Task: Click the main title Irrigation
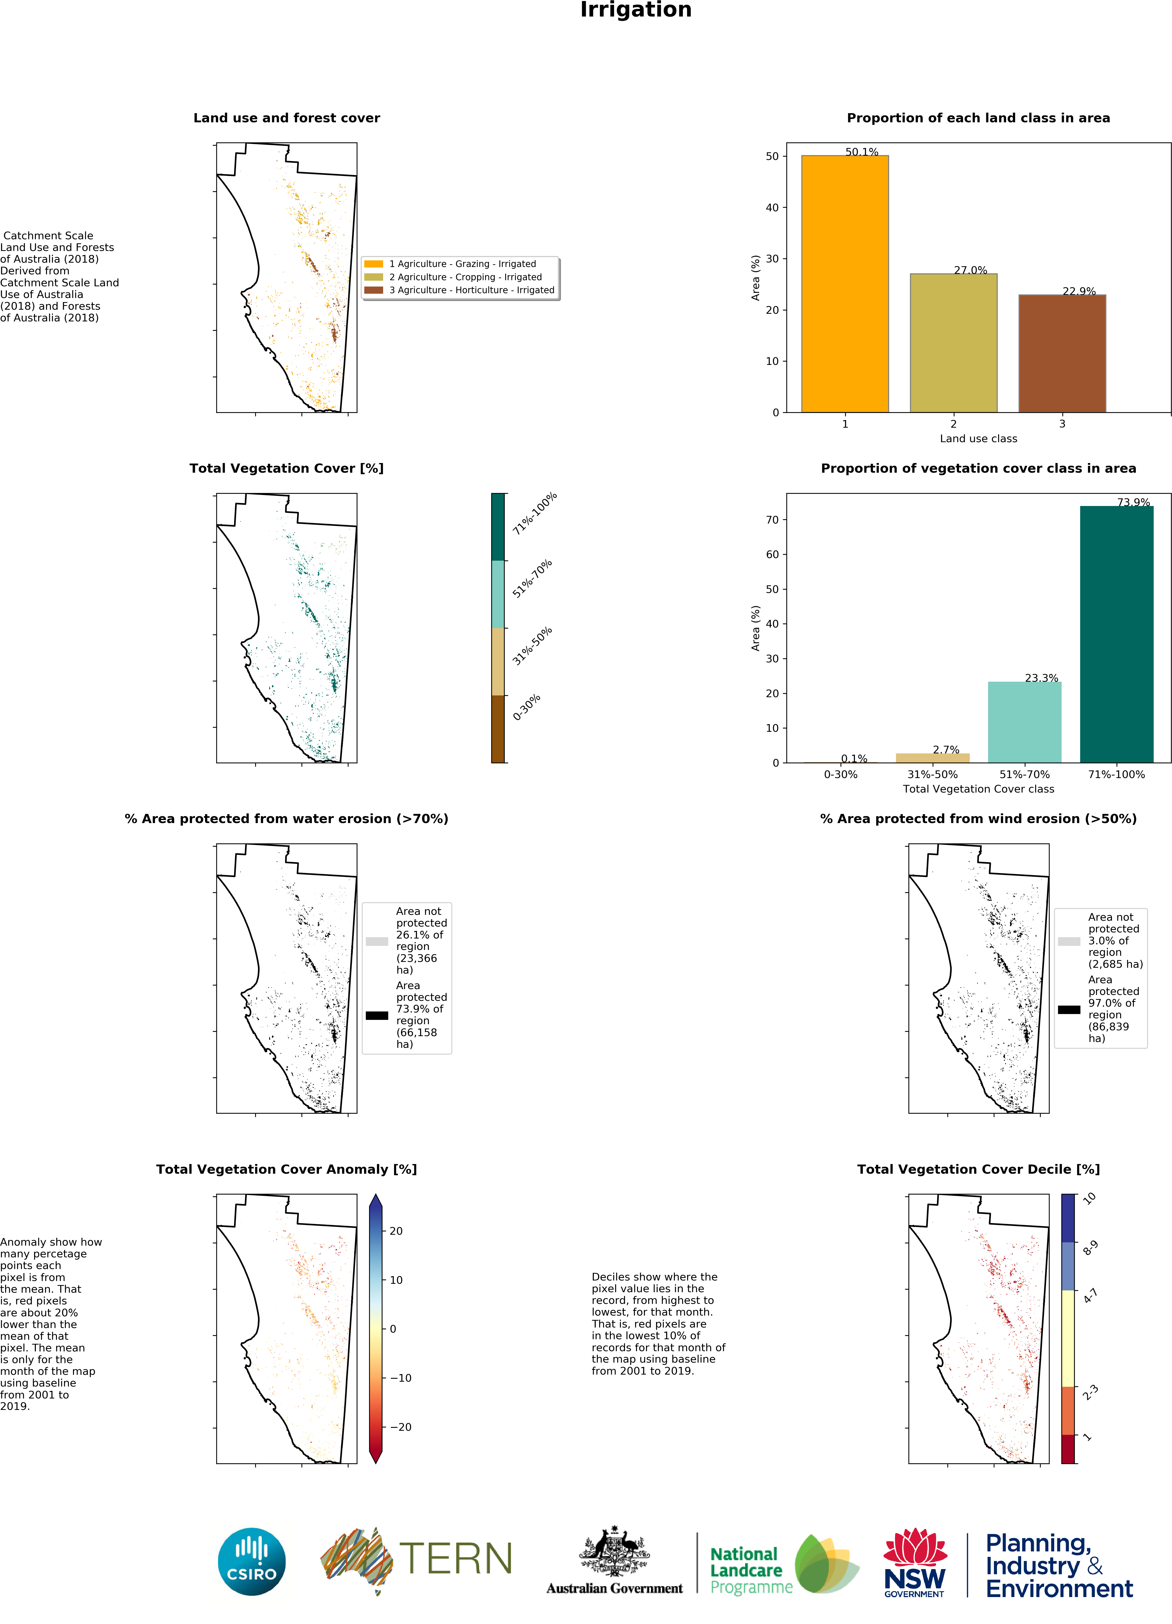635,10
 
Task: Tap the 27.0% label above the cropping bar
970,270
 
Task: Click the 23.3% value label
1041,677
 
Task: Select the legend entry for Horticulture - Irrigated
471,290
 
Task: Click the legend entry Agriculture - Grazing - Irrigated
462,263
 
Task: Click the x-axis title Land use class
978,438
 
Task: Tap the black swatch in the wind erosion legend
1069,1010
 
